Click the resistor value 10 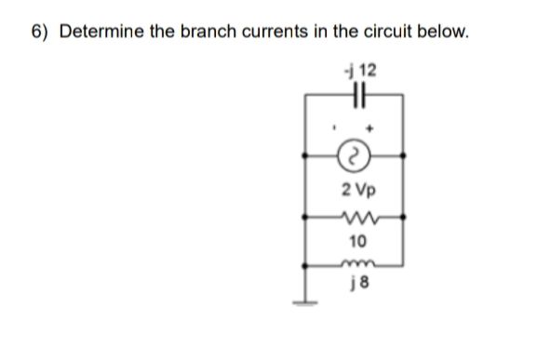click(x=356, y=243)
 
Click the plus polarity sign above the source click(x=375, y=121)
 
